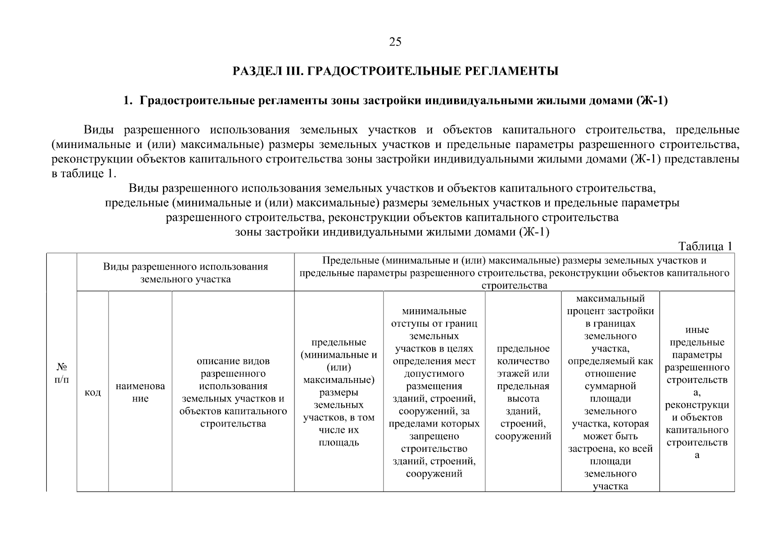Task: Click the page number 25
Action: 395,42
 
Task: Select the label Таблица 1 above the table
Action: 705,246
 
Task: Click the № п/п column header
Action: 62,373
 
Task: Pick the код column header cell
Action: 93,392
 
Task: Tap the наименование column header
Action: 140,392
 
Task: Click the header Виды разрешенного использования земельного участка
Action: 185,273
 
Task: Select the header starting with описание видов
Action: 233,392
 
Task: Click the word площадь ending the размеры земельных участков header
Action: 339,442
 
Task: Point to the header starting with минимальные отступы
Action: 434,392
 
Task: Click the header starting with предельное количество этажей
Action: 523,392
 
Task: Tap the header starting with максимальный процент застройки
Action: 610,392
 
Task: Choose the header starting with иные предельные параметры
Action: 697,392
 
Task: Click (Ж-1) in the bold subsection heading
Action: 652,101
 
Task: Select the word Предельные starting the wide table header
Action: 350,261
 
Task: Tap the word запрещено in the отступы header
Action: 434,436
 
